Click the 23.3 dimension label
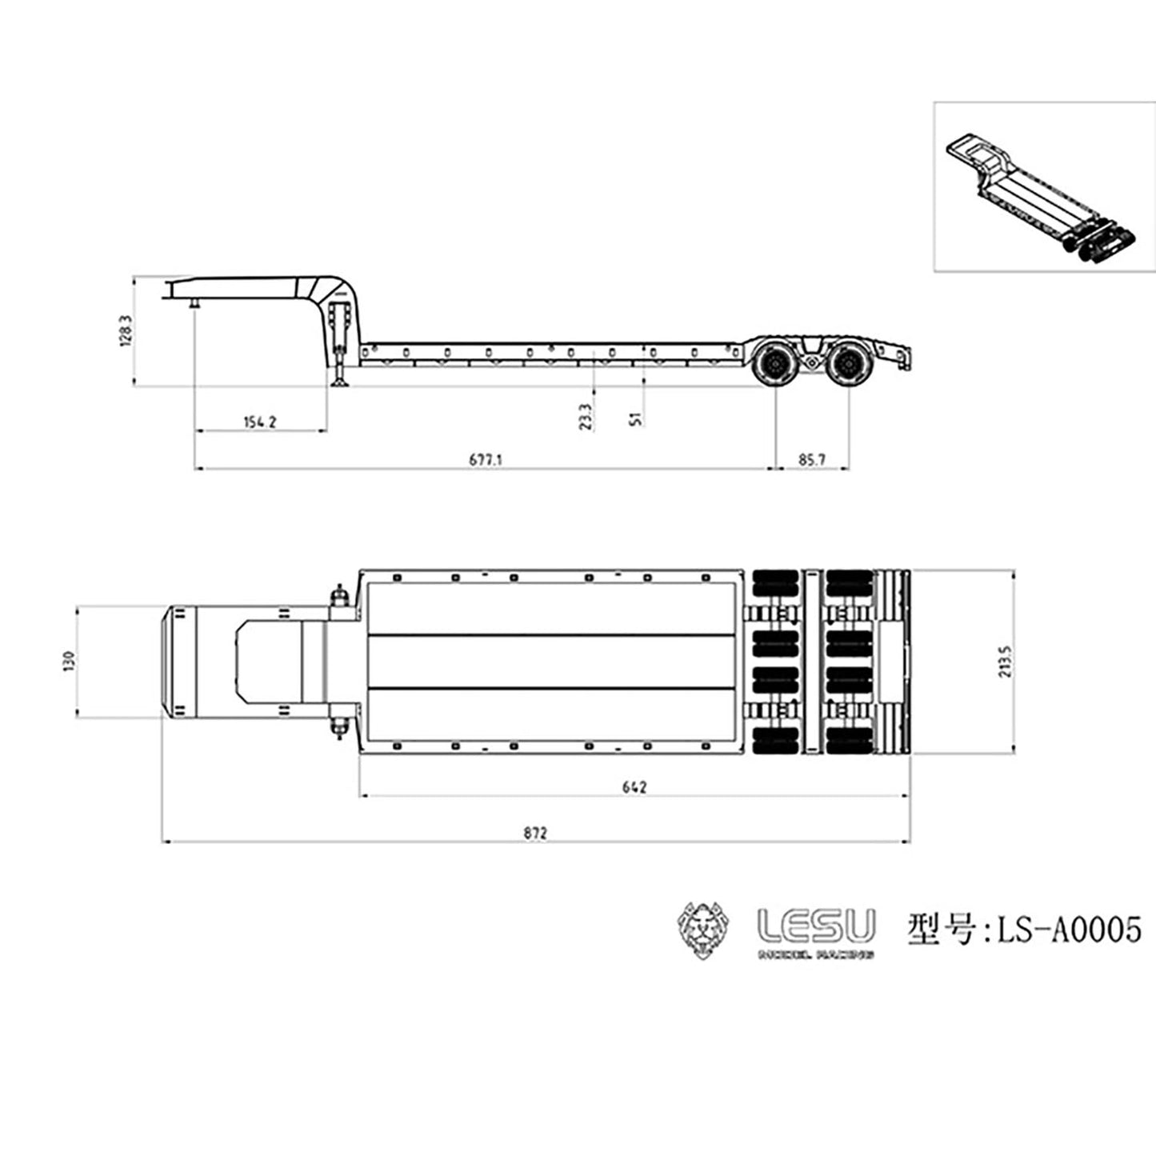[x=586, y=417]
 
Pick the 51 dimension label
[x=637, y=418]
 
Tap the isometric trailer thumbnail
[x=1044, y=186]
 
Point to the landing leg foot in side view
[x=342, y=385]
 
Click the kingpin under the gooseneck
[x=194, y=304]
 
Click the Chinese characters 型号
[x=941, y=930]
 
